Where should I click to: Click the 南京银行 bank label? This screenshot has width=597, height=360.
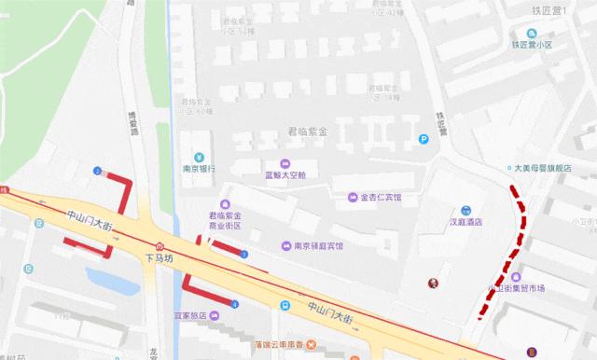tap(199, 169)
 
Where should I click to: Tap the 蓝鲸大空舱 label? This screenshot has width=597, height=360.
tap(285, 175)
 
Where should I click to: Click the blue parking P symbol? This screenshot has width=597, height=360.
tap(423, 140)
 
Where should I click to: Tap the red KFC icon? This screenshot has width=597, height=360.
tap(432, 284)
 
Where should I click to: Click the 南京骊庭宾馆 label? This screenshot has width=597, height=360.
tap(318, 246)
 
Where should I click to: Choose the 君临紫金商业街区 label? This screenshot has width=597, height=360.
tap(224, 220)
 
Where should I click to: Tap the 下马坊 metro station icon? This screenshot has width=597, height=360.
tap(160, 245)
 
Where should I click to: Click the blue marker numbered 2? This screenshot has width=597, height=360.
tap(97, 170)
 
